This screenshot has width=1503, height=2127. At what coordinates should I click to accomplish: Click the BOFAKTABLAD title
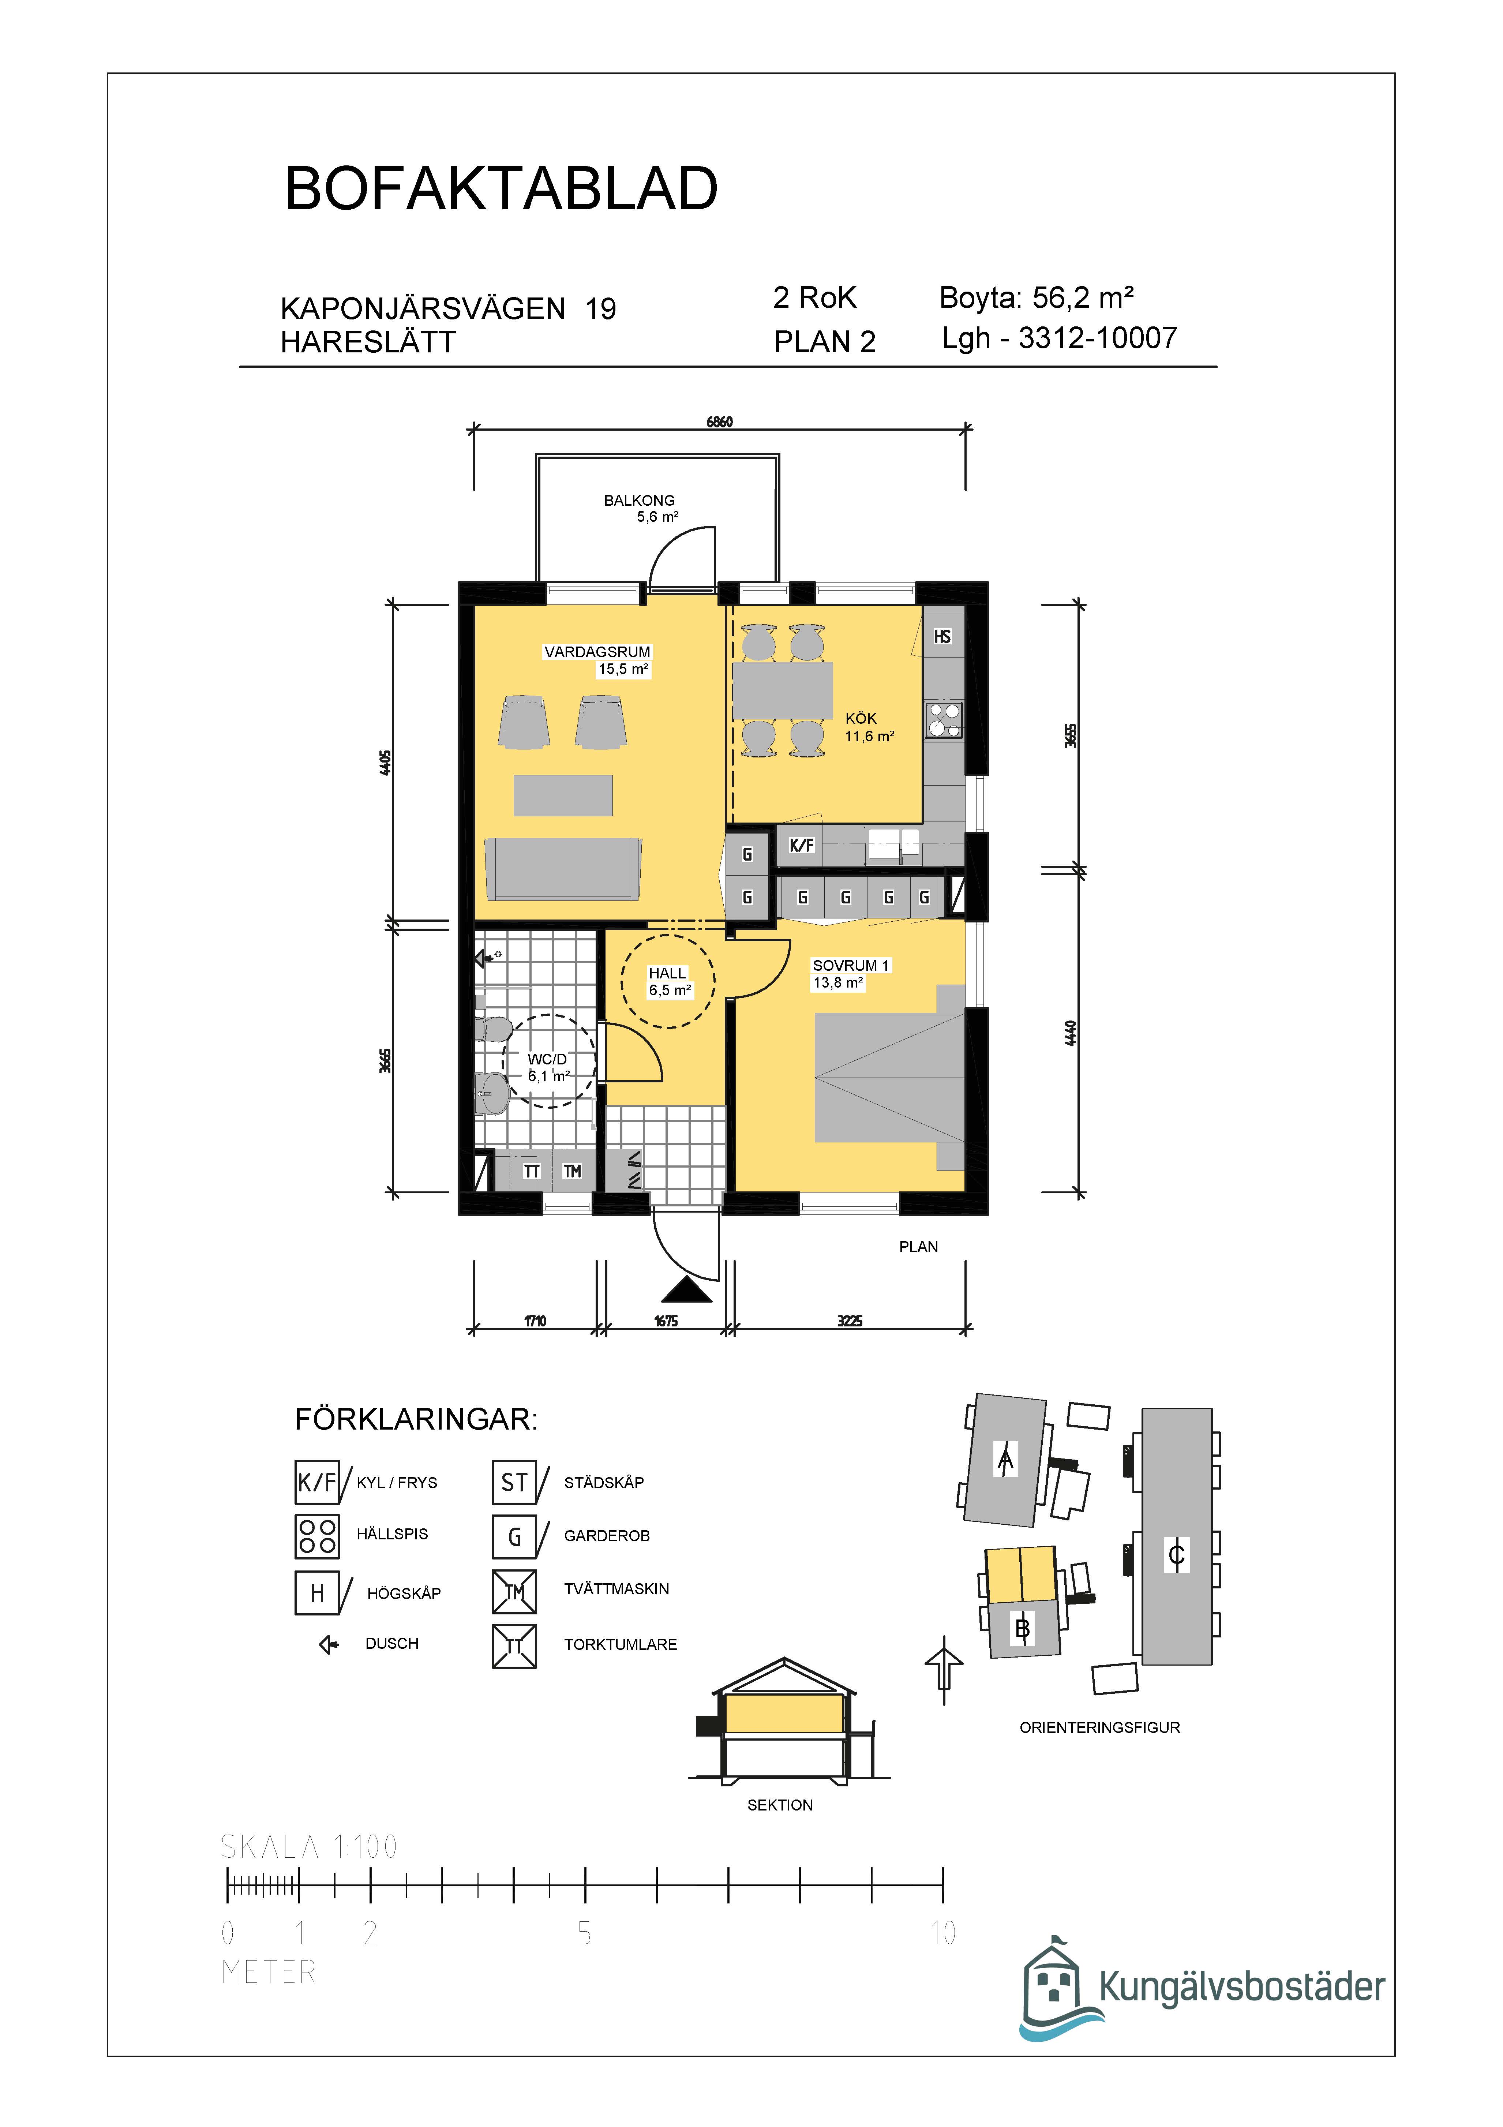click(501, 189)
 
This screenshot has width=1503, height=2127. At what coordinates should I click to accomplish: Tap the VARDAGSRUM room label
click(597, 652)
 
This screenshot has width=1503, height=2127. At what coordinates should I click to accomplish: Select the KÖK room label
click(860, 719)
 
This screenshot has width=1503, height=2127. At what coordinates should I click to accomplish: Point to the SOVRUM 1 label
click(850, 965)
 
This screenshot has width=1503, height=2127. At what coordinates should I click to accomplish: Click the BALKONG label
click(639, 500)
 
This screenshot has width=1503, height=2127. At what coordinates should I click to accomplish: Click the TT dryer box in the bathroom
click(532, 1171)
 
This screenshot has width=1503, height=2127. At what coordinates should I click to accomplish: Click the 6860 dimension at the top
click(720, 422)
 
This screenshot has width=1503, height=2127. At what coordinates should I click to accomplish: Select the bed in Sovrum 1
click(889, 1077)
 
